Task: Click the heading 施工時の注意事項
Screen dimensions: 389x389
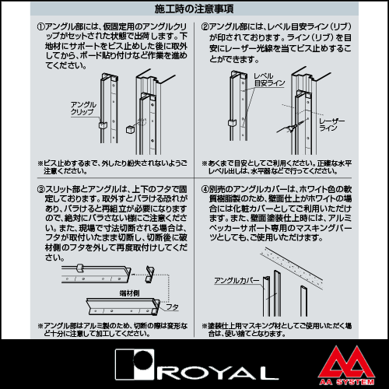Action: [x=194, y=9]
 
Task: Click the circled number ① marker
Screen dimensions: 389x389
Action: [x=40, y=26]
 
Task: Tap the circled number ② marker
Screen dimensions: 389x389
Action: [x=205, y=26]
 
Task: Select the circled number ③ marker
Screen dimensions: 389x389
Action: [x=40, y=189]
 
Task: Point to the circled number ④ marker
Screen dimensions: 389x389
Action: [x=205, y=189]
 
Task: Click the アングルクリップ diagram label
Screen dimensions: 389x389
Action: [x=83, y=108]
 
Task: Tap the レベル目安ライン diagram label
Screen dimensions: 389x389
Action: [x=269, y=79]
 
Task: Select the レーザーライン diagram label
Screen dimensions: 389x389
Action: [x=332, y=124]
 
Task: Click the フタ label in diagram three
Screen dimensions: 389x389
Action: [x=172, y=307]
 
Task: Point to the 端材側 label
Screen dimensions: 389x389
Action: [x=129, y=293]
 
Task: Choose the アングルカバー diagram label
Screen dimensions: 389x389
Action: [x=237, y=281]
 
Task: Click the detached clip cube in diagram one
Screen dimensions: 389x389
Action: [x=130, y=129]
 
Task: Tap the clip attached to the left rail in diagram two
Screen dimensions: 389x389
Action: [x=232, y=123]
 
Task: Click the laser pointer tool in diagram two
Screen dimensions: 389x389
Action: [x=290, y=127]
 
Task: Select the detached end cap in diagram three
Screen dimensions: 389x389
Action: [x=149, y=274]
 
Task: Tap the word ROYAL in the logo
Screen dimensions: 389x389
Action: [x=217, y=373]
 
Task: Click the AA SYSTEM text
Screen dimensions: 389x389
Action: [x=347, y=382]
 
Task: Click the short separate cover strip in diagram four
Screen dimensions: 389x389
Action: [x=304, y=301]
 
